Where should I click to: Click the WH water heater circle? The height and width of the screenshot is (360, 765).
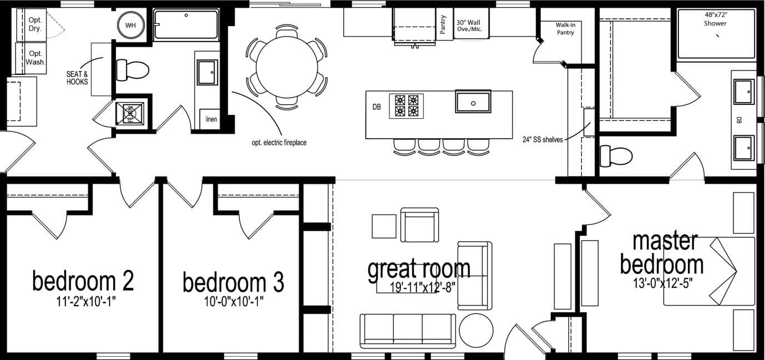tap(130, 26)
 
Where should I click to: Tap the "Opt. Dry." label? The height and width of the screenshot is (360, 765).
tap(35, 24)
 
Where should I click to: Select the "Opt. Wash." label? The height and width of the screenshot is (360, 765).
tap(35, 58)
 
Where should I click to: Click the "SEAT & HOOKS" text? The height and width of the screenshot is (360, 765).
tap(78, 77)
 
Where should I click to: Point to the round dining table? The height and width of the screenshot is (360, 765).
tap(286, 67)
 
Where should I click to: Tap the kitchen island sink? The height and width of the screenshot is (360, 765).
tap(473, 102)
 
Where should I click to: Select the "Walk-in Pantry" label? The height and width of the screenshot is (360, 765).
tap(565, 29)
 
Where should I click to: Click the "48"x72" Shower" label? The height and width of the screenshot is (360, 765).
tap(715, 19)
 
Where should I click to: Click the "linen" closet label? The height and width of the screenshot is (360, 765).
tap(211, 119)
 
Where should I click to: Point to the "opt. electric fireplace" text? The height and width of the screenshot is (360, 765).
tap(278, 143)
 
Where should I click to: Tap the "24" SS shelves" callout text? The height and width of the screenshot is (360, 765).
tap(543, 140)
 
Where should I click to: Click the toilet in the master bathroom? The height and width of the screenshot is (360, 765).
tap(616, 155)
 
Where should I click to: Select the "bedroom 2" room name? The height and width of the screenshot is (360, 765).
tap(83, 281)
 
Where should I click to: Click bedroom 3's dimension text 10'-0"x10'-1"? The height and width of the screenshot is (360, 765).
tap(234, 302)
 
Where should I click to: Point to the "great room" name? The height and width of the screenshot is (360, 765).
tap(419, 268)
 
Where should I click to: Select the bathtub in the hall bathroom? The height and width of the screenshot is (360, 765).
tap(186, 24)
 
